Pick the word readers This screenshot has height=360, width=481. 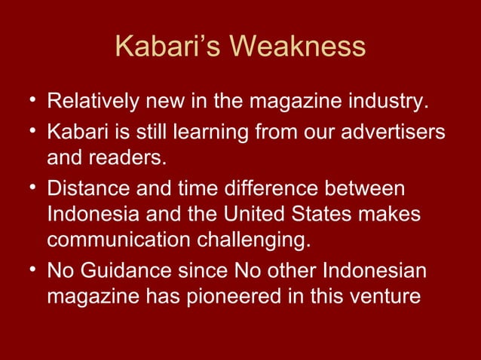[x=136, y=160]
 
